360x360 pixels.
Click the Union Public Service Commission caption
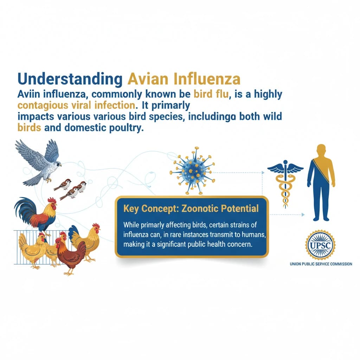tap(321, 264)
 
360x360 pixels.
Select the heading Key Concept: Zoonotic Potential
tap(191, 209)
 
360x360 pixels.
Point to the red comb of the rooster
tap(52, 200)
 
